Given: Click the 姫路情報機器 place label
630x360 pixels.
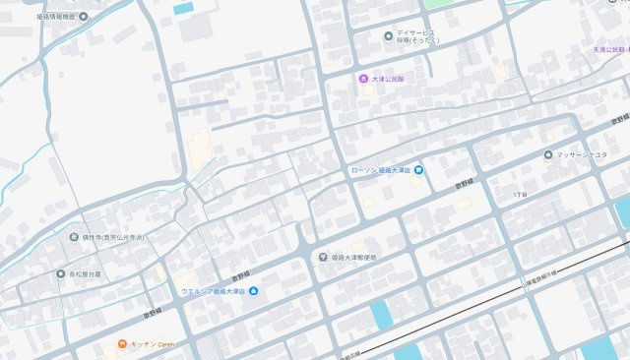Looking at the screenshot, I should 37,17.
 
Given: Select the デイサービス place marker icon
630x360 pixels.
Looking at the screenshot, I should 389,36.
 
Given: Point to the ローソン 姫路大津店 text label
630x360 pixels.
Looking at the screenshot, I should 380,171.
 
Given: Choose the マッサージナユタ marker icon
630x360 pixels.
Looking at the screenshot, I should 548,154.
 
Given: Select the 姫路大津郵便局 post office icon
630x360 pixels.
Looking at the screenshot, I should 323,257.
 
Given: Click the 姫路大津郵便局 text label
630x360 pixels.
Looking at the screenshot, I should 354,258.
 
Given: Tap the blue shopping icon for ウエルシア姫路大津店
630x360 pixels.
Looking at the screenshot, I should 254,291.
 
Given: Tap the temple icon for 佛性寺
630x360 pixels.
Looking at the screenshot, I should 73,237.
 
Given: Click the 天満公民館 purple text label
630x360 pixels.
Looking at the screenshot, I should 610,49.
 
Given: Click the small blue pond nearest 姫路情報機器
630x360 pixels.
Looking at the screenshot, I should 183,8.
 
